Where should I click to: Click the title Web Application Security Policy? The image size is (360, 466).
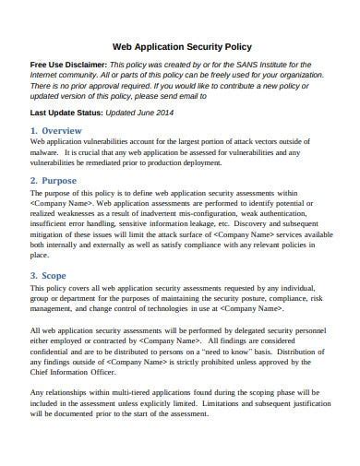pyautogui.click(x=179, y=45)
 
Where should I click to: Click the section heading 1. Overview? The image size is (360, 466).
pyautogui.click(x=56, y=131)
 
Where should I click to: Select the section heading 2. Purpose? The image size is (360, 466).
pyautogui.click(x=55, y=180)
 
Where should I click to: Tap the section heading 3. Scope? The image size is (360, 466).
pyautogui.click(x=51, y=275)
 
